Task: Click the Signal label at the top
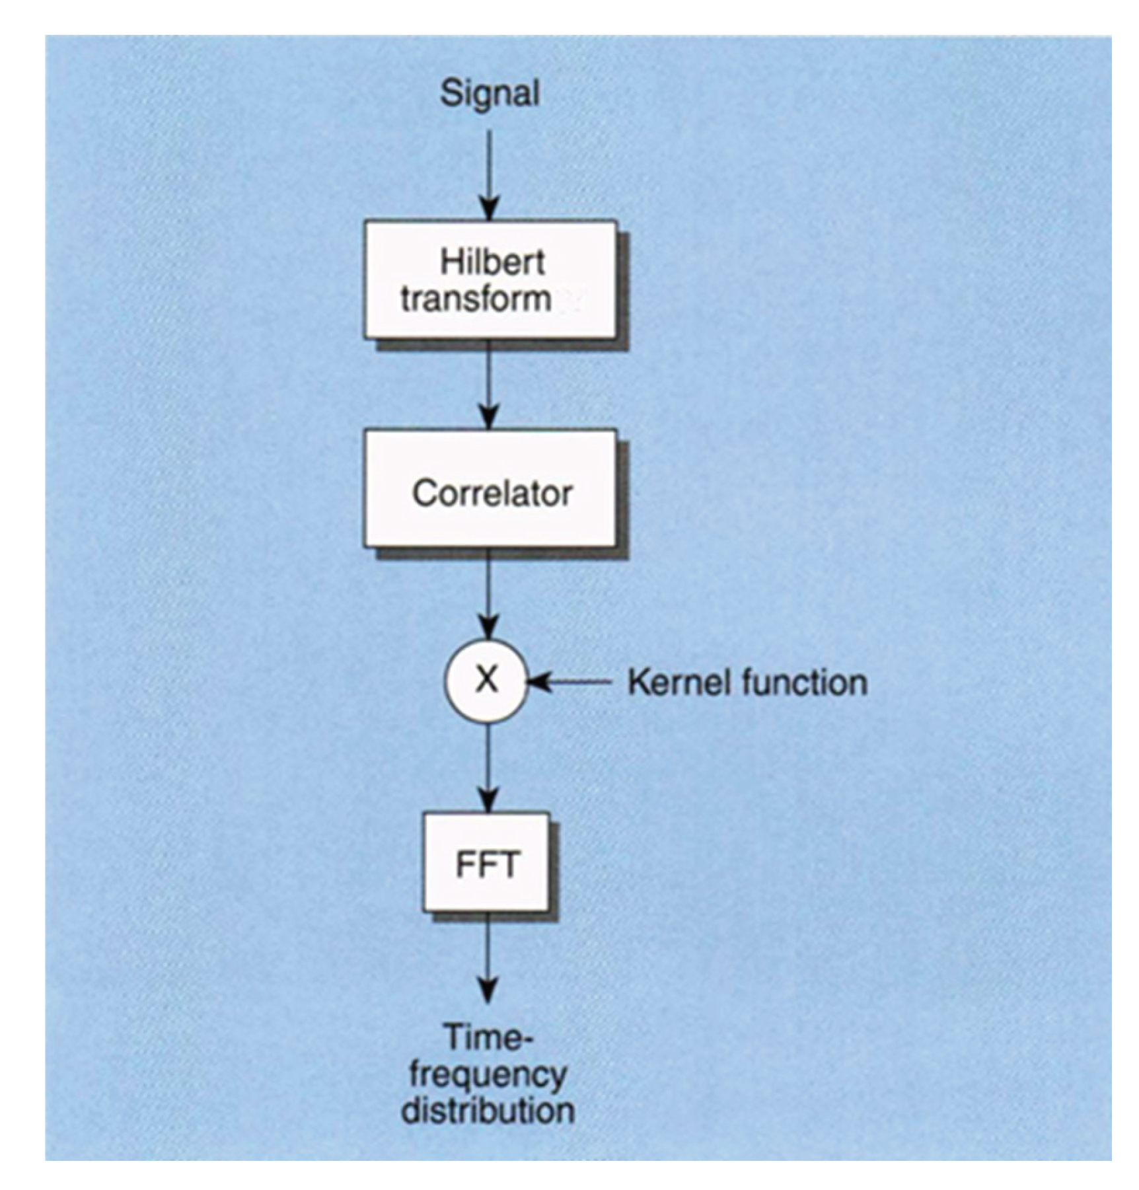490,93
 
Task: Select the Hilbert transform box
490,280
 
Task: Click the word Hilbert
492,262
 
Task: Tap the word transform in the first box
476,299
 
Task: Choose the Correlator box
490,489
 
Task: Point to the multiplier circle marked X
487,681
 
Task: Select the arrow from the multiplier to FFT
488,766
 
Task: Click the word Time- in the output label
488,1038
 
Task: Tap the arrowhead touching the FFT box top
488,801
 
